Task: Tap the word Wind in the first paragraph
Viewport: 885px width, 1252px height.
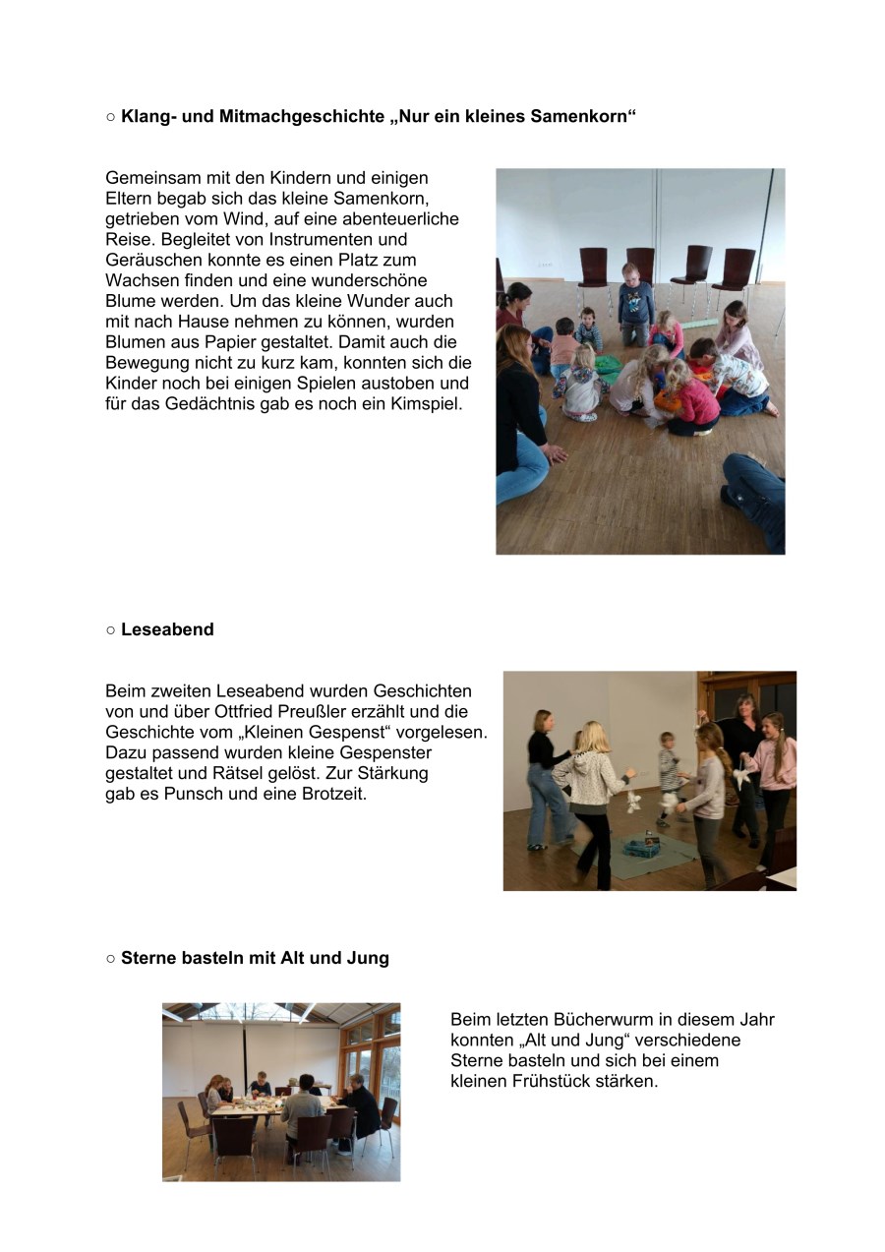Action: pyautogui.click(x=321, y=218)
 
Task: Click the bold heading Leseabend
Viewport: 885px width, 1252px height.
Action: pyautogui.click(x=167, y=629)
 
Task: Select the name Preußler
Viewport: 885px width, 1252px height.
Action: pyautogui.click(x=328, y=712)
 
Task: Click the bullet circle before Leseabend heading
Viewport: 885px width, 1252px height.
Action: pyautogui.click(x=111, y=629)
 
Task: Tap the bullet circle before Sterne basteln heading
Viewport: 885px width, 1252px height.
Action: pyautogui.click(x=111, y=958)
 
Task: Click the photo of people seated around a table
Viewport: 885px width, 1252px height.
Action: pyautogui.click(x=281, y=1092)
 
